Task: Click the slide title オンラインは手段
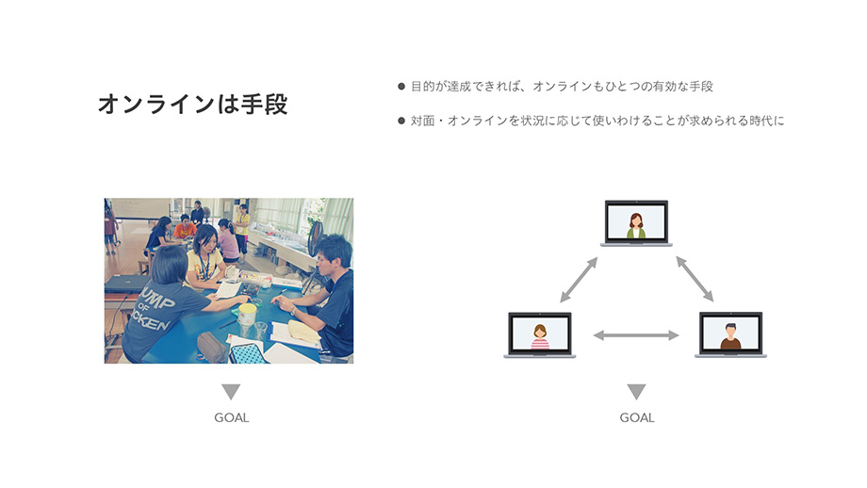click(193, 104)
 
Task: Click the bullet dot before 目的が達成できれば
click(401, 87)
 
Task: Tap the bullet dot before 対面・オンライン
click(401, 121)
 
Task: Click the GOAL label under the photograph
click(232, 417)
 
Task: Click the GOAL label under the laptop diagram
click(637, 417)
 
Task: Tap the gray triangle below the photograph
click(231, 390)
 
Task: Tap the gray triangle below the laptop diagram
click(636, 390)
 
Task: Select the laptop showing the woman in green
click(636, 222)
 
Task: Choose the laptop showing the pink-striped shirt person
click(540, 334)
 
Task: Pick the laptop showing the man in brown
click(730, 334)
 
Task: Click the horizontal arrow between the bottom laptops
click(636, 335)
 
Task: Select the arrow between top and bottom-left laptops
click(579, 280)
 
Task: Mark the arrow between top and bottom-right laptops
click(695, 279)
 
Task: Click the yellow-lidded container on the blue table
click(247, 314)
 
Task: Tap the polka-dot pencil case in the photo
click(247, 353)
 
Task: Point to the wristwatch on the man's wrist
click(292, 311)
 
